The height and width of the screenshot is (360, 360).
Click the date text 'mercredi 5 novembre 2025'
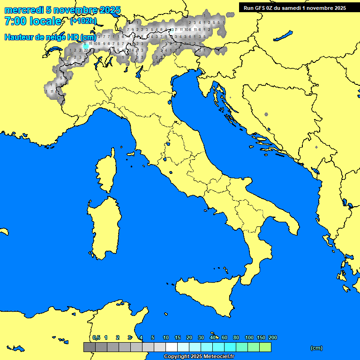(62, 10)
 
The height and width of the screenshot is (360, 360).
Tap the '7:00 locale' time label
(33, 21)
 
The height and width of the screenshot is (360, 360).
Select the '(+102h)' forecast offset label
(83, 21)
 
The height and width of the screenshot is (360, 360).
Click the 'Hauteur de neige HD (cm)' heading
(50, 37)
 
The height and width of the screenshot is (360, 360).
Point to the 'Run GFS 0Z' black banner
(295, 7)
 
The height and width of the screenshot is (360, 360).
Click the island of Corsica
(105, 174)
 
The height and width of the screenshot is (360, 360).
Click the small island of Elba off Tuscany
(131, 154)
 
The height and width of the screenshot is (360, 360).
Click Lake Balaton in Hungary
(283, 36)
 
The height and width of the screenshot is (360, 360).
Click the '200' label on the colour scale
(273, 337)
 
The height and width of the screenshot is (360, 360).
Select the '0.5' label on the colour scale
(96, 337)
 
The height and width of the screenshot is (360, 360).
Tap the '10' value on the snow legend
(165, 337)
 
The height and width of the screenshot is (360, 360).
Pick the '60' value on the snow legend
(225, 337)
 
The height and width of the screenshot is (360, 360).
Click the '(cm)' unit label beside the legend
(316, 348)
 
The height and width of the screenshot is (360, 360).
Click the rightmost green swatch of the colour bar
(265, 347)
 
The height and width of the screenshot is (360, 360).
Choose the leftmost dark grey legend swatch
(89, 347)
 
